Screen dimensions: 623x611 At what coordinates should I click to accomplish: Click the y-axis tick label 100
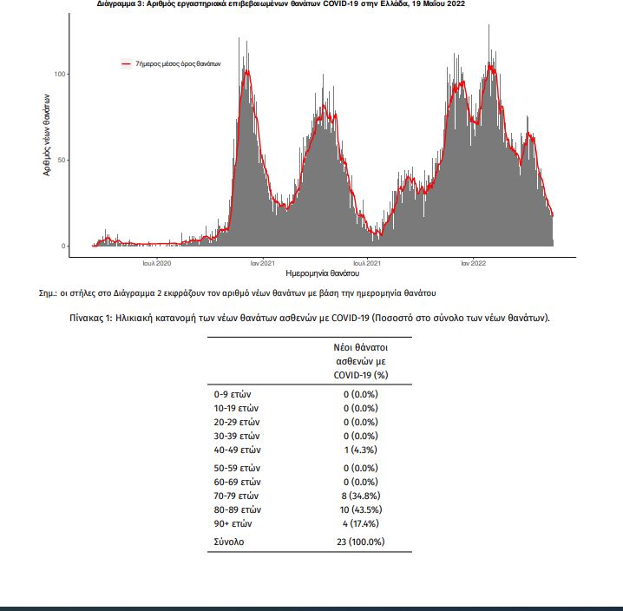click(x=60, y=75)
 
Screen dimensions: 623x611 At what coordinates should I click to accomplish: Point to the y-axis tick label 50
click(x=62, y=161)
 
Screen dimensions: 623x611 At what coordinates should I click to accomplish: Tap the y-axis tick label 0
click(x=63, y=246)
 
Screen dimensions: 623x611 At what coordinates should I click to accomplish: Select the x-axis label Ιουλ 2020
click(x=157, y=263)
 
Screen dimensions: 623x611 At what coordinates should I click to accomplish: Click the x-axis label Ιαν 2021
click(x=263, y=263)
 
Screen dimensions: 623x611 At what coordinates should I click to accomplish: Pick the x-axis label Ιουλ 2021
click(x=367, y=263)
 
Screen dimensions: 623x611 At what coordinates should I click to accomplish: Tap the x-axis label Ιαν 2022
click(x=473, y=263)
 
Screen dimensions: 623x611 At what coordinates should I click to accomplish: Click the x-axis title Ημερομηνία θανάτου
click(x=322, y=273)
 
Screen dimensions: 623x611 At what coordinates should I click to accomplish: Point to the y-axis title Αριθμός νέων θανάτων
click(x=47, y=135)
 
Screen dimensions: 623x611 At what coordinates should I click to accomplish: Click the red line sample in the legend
click(x=126, y=63)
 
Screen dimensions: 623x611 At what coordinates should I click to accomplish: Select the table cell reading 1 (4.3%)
click(x=361, y=450)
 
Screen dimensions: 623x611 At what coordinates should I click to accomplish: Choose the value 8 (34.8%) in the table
click(x=361, y=496)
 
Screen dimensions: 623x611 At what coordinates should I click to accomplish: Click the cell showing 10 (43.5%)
click(x=361, y=510)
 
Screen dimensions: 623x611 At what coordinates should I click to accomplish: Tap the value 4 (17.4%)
click(x=361, y=524)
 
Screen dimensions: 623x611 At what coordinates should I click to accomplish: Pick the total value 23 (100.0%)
click(x=361, y=542)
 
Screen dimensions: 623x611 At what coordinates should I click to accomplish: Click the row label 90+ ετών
click(x=233, y=524)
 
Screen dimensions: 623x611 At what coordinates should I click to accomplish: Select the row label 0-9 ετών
click(x=233, y=395)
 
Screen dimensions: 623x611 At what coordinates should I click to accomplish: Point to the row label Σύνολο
click(x=229, y=542)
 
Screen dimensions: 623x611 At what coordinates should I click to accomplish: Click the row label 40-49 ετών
click(x=237, y=450)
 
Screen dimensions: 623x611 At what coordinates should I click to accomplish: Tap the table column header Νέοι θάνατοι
click(x=361, y=347)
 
